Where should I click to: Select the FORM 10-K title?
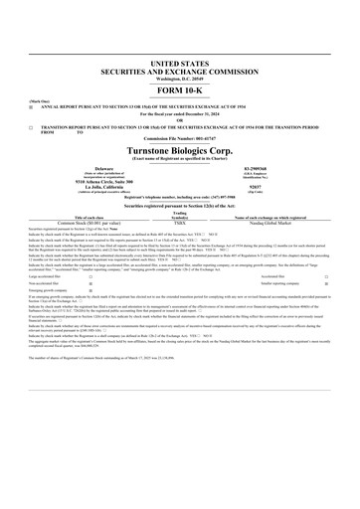[180, 63]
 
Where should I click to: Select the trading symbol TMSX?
[181, 225]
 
